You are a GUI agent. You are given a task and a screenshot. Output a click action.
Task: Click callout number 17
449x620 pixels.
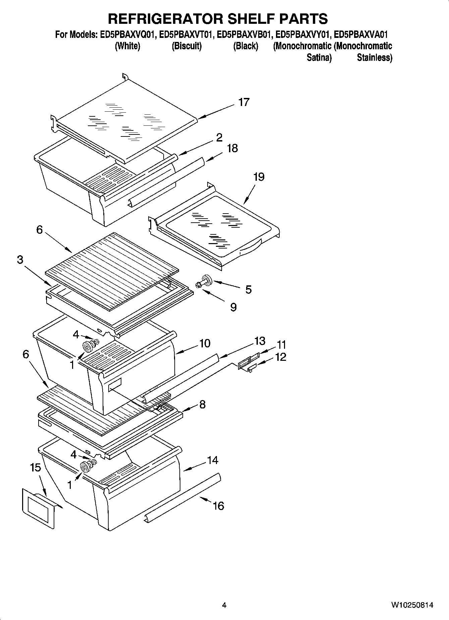[x=244, y=102]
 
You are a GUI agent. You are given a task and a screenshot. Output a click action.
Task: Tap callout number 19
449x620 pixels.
[x=259, y=177]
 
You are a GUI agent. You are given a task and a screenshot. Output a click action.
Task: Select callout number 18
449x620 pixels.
[x=232, y=148]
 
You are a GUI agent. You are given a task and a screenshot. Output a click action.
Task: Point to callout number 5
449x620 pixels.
[x=248, y=290]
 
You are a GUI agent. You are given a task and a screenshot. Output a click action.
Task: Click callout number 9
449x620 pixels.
[x=233, y=307]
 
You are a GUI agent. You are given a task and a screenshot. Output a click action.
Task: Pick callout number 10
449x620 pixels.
[x=205, y=343]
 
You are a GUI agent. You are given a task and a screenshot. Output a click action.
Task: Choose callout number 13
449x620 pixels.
[x=260, y=341]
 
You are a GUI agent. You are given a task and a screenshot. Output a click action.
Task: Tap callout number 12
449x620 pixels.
[x=280, y=357]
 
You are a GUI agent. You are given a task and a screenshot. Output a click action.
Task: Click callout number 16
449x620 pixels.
[x=218, y=505]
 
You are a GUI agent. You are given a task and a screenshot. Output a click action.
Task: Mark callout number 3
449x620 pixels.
[x=20, y=260]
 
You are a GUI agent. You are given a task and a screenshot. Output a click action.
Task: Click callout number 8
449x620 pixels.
[x=202, y=404]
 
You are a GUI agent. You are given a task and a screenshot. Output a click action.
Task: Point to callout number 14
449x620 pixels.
[x=213, y=460]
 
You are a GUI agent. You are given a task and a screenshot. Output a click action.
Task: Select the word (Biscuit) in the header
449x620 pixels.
[x=186, y=46]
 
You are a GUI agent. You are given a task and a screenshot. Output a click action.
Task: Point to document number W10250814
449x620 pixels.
[x=412, y=605]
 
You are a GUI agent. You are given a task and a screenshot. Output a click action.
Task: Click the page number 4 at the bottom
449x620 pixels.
[x=224, y=605]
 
